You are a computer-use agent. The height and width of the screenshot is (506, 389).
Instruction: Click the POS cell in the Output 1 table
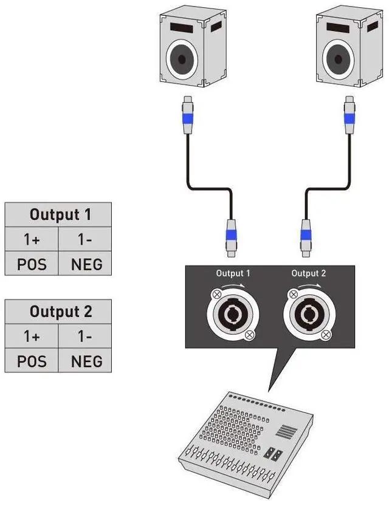[32, 264]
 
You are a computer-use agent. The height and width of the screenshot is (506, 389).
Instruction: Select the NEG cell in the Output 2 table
[85, 360]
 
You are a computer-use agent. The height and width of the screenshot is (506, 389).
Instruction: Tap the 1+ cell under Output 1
[32, 239]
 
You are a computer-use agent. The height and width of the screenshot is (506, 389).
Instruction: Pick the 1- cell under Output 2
[85, 337]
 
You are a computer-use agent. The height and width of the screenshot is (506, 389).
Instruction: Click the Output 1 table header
[58, 214]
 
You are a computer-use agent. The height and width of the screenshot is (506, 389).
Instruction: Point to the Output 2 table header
[58, 312]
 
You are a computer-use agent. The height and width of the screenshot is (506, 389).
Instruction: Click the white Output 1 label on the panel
[233, 273]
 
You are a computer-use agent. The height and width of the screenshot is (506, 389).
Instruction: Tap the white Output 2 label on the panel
[309, 273]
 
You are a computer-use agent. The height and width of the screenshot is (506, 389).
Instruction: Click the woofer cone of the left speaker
[182, 60]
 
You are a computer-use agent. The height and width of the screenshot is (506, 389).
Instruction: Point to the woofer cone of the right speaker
[339, 60]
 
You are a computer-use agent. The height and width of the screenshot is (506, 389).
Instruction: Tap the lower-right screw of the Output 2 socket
[326, 335]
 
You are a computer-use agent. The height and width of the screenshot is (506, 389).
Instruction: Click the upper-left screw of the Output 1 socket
[216, 294]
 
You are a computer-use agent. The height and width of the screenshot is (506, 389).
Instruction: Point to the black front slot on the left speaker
[181, 28]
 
